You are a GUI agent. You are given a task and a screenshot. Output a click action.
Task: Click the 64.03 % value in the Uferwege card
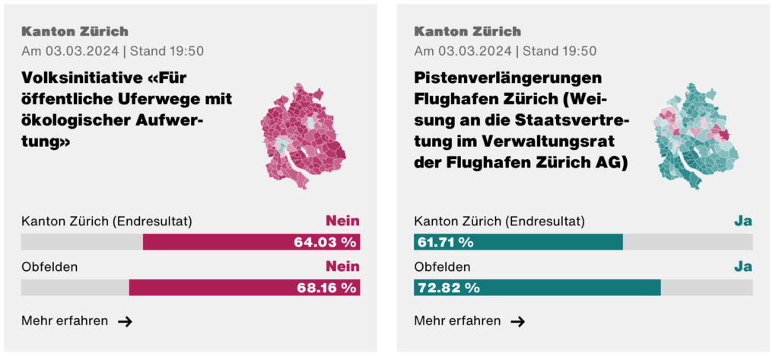tap(325, 242)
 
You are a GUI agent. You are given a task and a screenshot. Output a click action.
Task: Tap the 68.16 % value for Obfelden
tap(325, 288)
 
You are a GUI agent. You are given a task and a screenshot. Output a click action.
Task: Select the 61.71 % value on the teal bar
tap(445, 242)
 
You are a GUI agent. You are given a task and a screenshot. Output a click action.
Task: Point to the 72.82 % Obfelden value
tap(448, 288)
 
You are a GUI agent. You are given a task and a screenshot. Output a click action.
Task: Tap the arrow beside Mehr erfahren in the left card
tap(125, 321)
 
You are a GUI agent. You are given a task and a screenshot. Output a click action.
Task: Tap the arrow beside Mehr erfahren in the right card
tap(517, 321)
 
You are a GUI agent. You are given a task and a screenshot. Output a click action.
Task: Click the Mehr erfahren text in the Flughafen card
tap(457, 320)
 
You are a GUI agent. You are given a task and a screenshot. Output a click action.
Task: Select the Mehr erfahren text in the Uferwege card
tap(65, 320)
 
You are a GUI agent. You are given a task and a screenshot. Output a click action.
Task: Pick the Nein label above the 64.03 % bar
tap(342, 221)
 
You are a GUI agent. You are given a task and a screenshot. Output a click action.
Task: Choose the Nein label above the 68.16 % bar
tap(342, 267)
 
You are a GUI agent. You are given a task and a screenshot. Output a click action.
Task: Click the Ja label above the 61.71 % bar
tap(742, 221)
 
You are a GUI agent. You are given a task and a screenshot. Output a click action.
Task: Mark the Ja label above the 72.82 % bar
tap(742, 267)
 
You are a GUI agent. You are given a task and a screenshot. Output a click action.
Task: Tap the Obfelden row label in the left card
tap(49, 267)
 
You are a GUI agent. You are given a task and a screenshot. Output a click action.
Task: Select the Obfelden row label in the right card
tap(442, 267)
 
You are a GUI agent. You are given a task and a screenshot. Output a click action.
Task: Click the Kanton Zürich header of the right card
tap(467, 32)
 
